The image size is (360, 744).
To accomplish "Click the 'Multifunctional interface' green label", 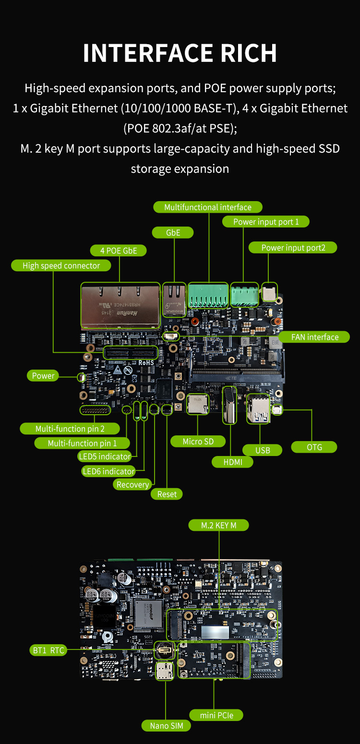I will (208, 207).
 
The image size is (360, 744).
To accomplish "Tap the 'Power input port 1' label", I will (266, 222).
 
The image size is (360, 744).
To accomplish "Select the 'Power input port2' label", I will (293, 248).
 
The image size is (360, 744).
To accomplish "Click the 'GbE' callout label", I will (173, 233).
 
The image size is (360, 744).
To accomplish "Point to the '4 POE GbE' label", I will (119, 251).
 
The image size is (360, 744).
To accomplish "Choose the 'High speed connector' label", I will (61, 265).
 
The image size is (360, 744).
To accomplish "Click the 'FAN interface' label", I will (314, 337).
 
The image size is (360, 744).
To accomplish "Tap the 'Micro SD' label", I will (198, 441).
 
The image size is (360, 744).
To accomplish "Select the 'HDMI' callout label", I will (232, 462).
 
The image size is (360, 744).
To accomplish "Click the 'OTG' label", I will (314, 447).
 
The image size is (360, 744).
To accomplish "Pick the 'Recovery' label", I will (132, 484).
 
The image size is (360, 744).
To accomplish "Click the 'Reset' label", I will (167, 494).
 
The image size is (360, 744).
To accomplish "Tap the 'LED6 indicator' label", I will (108, 471).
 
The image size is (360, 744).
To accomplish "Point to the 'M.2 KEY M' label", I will (218, 525).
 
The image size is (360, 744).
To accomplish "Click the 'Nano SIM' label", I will (166, 726).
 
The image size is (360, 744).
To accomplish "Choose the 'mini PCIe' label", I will (216, 715).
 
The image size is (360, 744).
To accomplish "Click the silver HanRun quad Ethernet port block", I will (120, 305).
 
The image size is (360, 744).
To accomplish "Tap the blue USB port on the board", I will (258, 409).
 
